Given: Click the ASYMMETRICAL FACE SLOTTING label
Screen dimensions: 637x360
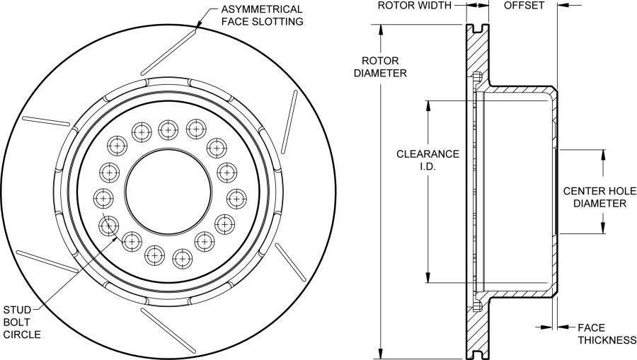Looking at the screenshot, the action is (262, 16).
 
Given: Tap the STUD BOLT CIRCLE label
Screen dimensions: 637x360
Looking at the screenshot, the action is (22, 323).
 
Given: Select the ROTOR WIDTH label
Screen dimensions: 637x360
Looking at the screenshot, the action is (414, 5).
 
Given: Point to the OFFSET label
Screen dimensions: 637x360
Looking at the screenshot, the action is (524, 5).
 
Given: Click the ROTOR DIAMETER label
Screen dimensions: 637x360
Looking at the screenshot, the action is (380, 67).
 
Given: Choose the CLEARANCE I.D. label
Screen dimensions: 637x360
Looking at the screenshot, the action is (427, 160).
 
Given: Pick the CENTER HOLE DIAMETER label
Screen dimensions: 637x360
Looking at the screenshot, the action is (599, 197).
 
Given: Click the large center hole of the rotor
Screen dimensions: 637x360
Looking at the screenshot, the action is (168, 191).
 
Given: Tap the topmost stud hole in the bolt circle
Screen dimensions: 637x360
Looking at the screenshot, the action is (168, 130).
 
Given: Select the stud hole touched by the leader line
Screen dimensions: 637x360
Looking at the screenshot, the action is (109, 226).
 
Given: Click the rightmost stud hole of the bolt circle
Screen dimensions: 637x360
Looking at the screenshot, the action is (236, 199).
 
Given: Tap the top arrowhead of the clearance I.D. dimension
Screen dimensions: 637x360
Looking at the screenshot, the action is (427, 105).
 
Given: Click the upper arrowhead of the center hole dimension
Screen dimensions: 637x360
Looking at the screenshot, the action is (603, 155).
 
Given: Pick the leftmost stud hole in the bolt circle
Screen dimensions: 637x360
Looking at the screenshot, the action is (103, 198).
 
